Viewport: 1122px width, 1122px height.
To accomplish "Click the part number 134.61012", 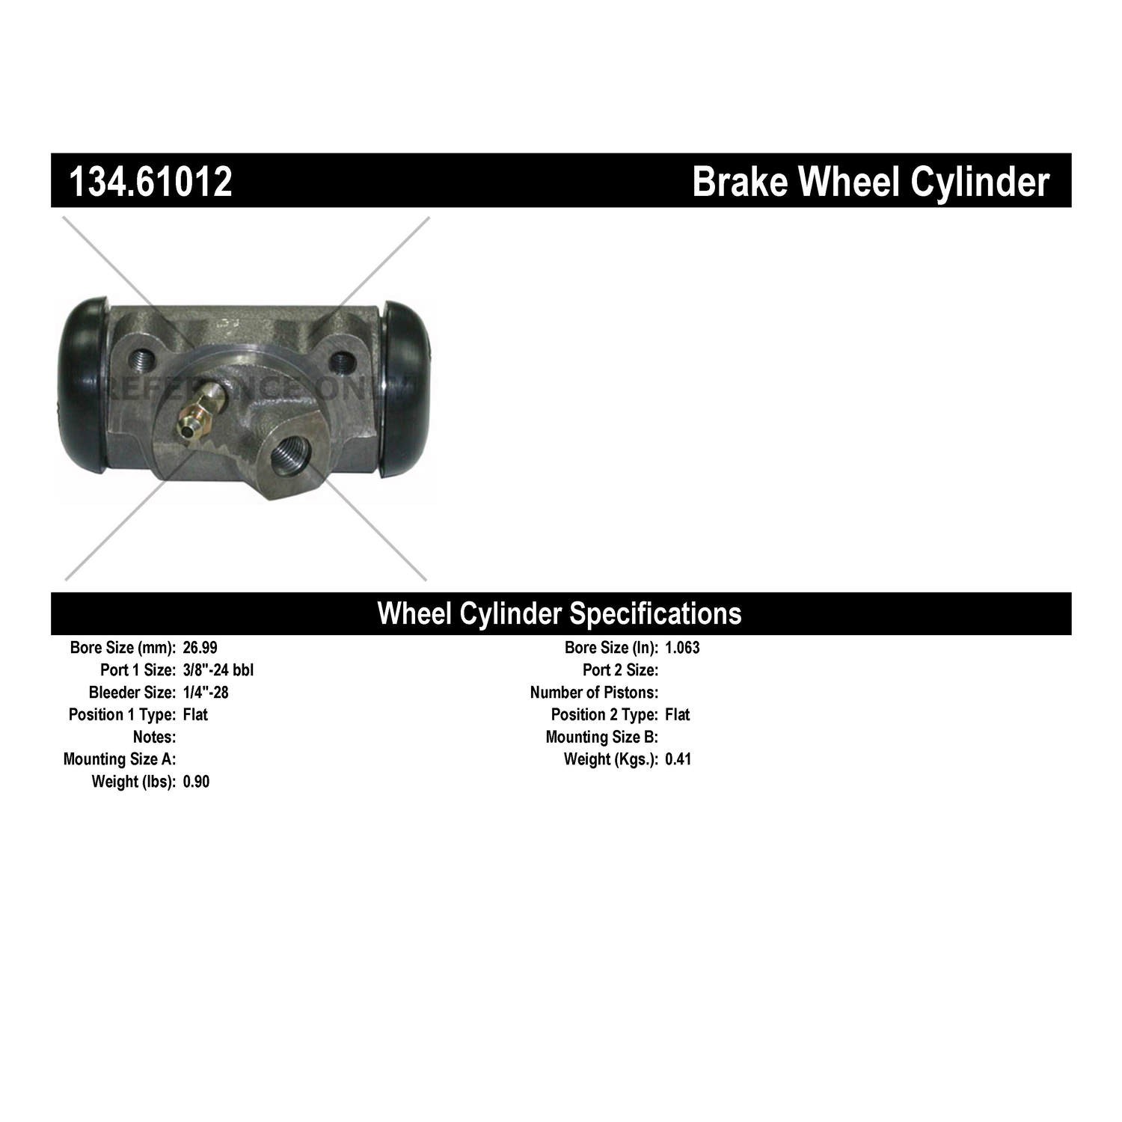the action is point(150,182).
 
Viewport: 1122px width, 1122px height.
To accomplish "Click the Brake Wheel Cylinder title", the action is point(871,182).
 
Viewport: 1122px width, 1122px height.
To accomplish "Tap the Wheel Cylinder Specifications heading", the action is point(560,613).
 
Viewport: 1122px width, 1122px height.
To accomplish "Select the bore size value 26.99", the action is point(200,648).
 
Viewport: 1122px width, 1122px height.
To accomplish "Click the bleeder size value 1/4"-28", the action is point(206,693).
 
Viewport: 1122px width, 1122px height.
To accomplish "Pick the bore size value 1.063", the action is point(682,648).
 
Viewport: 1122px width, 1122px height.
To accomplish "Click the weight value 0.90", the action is point(196,782).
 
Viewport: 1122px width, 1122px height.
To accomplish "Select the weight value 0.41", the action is point(678,760).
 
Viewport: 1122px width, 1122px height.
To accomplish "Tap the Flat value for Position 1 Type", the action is point(195,715).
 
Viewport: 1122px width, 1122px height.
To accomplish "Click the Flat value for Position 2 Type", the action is point(678,715).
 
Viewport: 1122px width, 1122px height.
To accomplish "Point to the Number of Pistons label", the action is point(595,693).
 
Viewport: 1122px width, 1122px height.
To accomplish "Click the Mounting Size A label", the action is point(120,760).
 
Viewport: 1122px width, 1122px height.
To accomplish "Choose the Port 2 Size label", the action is point(621,670).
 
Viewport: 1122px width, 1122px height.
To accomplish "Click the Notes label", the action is point(155,738).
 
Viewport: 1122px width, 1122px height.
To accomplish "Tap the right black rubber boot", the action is point(406,389).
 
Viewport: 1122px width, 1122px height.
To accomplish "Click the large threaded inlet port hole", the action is point(289,456).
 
